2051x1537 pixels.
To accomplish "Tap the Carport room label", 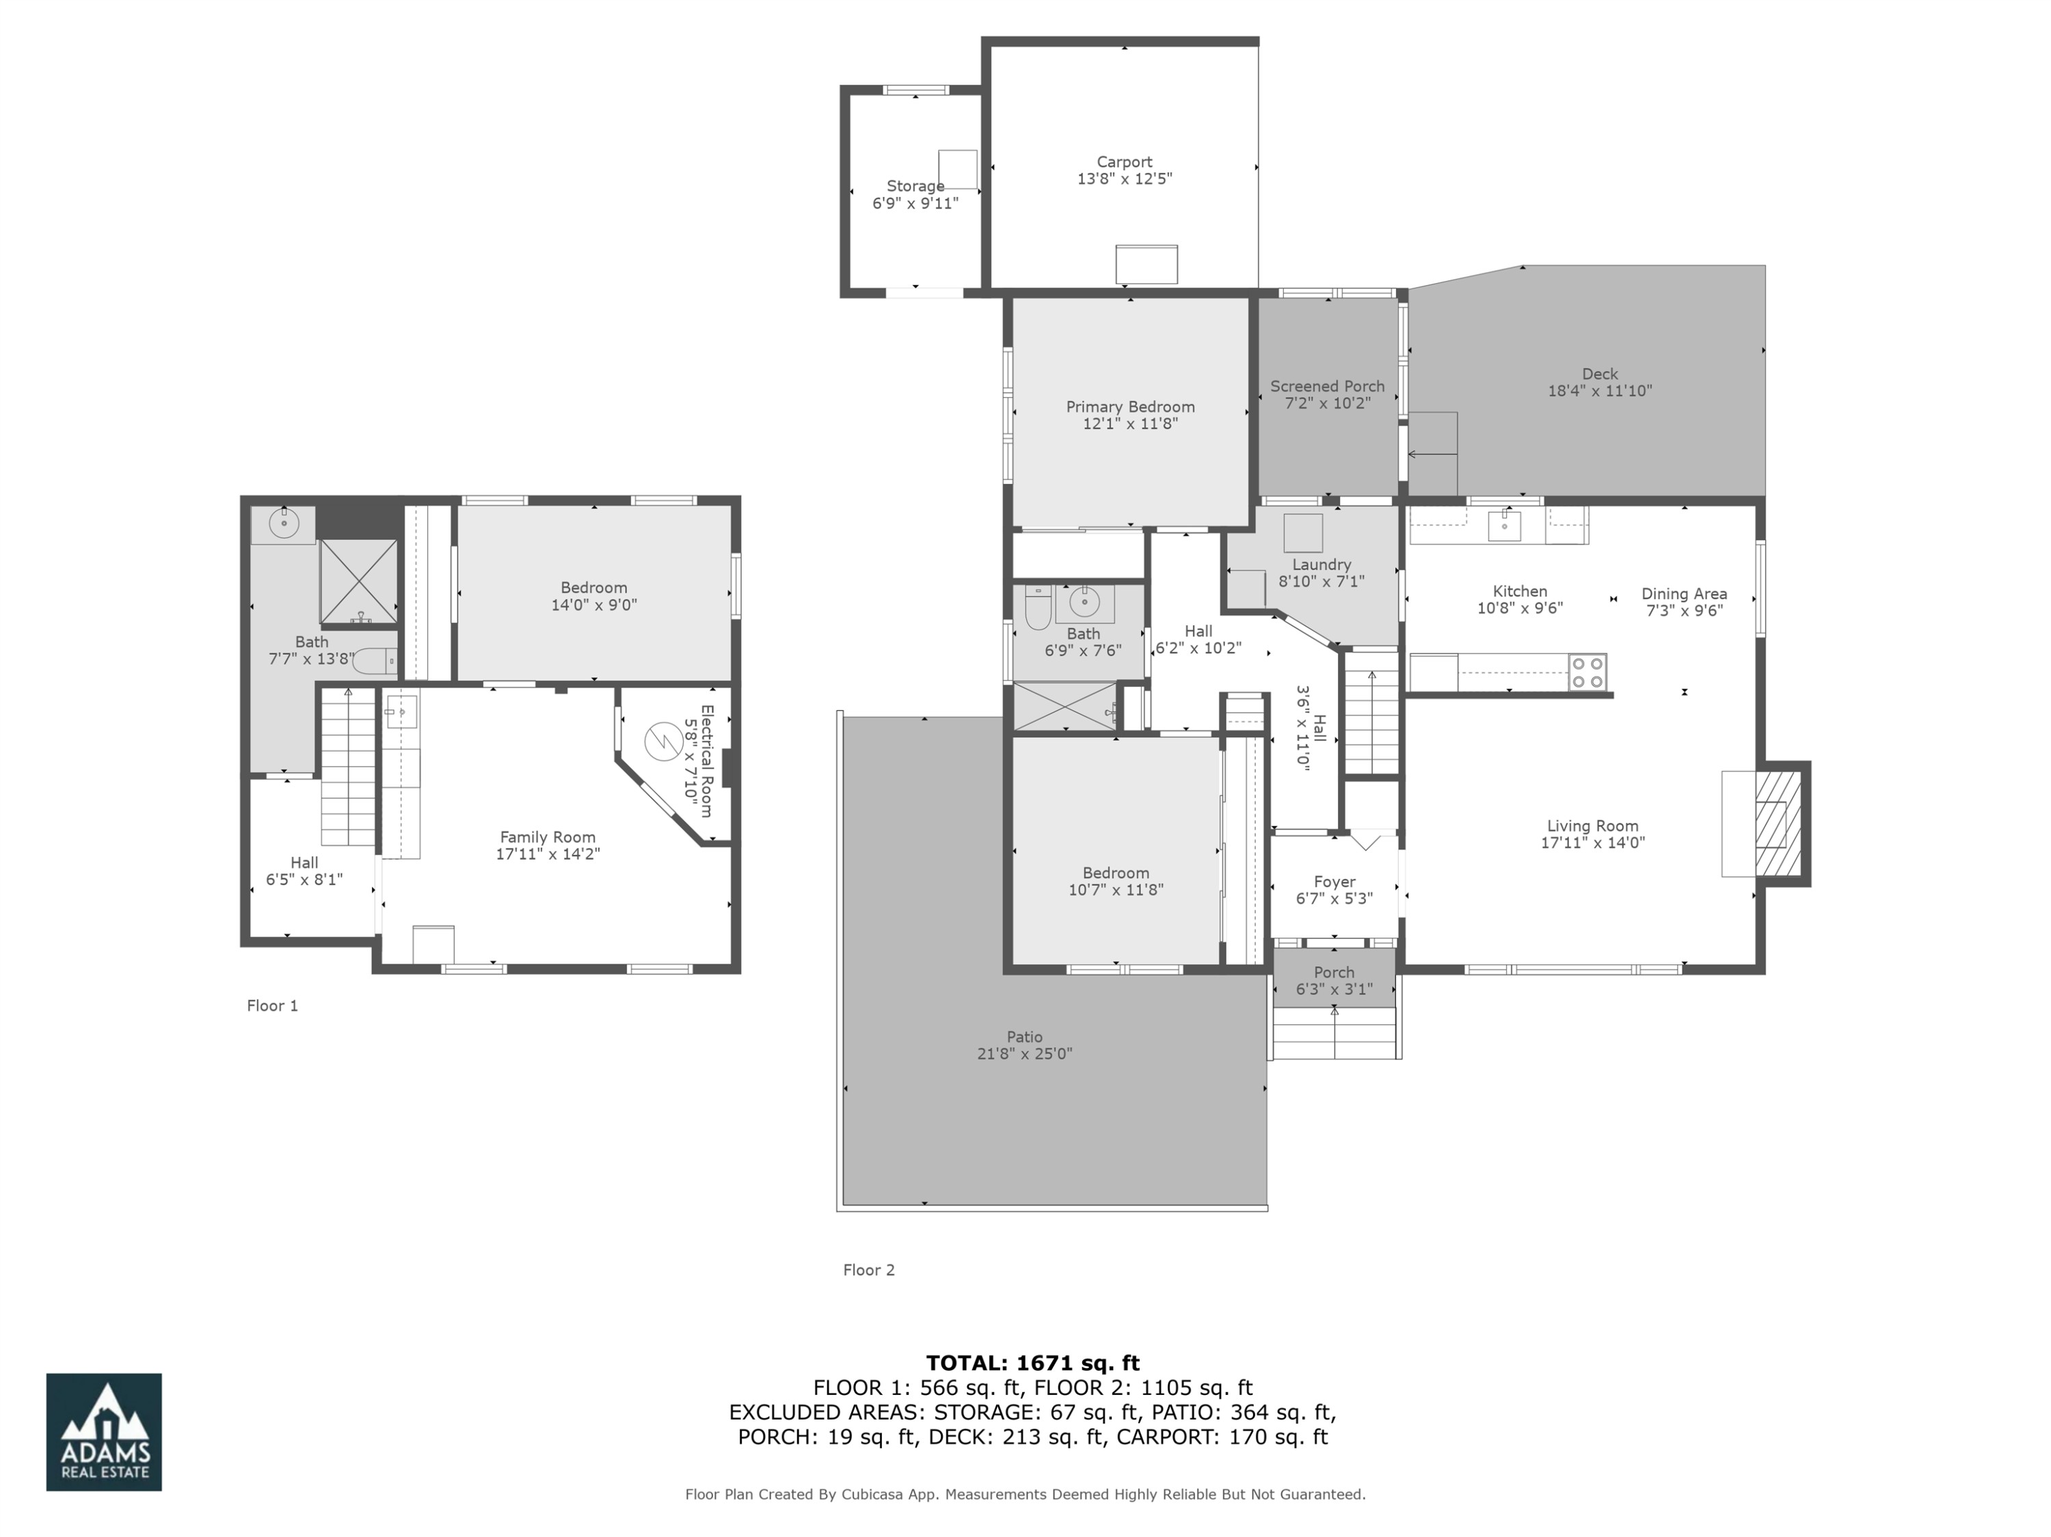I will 1124,162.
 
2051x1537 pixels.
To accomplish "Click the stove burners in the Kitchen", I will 1587,672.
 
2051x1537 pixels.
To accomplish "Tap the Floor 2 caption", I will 868,1270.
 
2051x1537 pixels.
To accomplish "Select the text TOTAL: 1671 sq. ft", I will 1032,1363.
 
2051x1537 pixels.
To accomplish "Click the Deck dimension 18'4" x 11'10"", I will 1600,391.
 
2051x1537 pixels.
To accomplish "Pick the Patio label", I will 1025,1037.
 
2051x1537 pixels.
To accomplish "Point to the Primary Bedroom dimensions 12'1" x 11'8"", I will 1129,424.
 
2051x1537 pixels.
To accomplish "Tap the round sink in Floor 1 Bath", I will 284,523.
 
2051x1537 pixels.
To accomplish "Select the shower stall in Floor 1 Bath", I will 359,581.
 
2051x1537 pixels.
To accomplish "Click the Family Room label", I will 547,837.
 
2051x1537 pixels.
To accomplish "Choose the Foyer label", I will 1335,882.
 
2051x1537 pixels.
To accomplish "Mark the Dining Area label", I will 1684,594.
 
